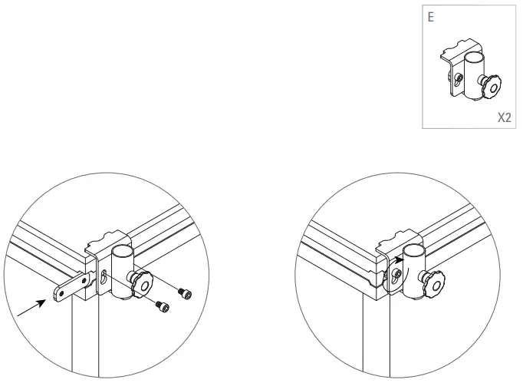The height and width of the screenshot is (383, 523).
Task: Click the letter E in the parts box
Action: point(431,16)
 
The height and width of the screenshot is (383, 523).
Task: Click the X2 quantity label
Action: point(504,119)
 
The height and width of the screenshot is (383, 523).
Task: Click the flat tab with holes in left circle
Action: point(67,290)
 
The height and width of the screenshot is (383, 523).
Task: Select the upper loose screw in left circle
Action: point(183,292)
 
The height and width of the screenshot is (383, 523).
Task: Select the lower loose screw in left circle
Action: point(162,306)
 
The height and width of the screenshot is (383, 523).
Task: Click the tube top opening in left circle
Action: point(123,249)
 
